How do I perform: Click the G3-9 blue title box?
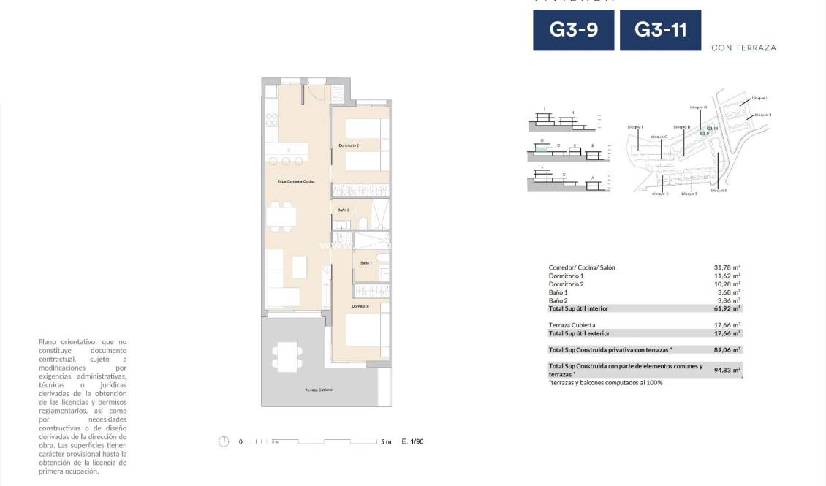[573, 30]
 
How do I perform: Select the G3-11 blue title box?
[659, 30]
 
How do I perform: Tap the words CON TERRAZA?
[743, 48]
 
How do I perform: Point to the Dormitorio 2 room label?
[349, 146]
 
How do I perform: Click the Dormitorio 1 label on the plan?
[362, 306]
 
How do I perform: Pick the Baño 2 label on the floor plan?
[344, 210]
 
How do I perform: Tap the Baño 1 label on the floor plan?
[366, 262]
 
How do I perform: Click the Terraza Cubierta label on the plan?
[319, 390]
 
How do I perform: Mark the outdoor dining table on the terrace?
[287, 356]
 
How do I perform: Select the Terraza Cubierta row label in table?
[572, 324]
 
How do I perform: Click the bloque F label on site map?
[635, 127]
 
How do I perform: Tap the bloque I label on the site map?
[759, 97]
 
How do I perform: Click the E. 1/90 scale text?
[412, 441]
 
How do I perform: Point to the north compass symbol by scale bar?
[224, 441]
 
